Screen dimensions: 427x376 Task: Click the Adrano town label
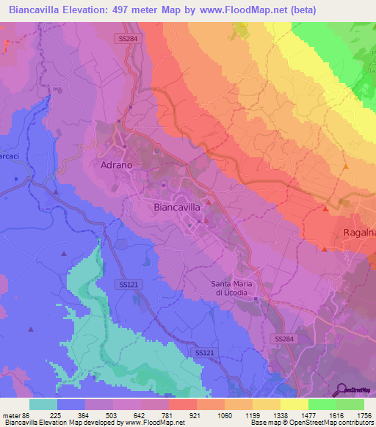(115, 166)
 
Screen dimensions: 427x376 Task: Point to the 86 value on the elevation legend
(26, 415)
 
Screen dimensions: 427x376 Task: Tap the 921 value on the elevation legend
(195, 415)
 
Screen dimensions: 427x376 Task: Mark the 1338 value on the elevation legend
(279, 415)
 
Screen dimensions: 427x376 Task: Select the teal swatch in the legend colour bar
(43, 404)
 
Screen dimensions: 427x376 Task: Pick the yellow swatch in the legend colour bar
(294, 404)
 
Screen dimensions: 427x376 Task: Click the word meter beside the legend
(11, 415)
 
